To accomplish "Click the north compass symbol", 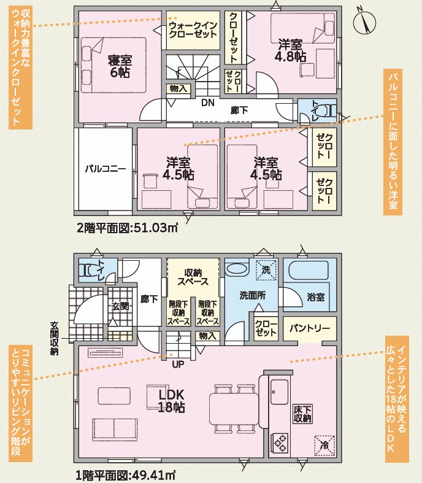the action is tap(365, 21).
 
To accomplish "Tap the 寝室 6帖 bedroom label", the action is tap(120, 66).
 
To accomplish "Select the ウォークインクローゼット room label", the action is tap(193, 29).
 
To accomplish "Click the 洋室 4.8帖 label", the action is tap(290, 50).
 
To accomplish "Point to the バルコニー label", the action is tap(105, 169).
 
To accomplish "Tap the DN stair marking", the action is tap(208, 102).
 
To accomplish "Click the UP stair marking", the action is tap(178, 365).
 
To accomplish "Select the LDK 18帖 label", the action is tap(172, 401).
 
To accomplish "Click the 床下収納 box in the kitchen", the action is tap(303, 414).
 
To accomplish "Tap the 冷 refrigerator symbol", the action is tap(324, 445).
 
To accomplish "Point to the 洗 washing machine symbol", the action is tap(266, 270).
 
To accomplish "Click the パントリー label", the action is tap(309, 328).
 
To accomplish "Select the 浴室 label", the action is tap(316, 297).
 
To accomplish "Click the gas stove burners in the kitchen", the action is tap(280, 443).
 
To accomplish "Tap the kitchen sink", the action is tap(280, 391).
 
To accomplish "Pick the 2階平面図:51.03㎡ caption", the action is tap(127, 228).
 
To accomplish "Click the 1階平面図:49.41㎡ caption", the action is tap(126, 475).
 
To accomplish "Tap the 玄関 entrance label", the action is tap(120, 306).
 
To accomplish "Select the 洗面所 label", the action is tap(253, 295).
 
